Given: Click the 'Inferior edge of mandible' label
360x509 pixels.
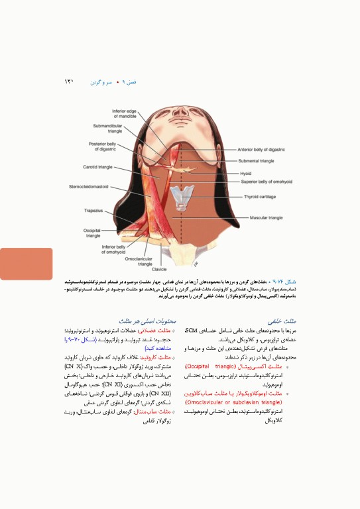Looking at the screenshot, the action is [124, 113].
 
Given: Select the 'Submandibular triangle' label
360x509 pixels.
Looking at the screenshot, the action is [108, 128].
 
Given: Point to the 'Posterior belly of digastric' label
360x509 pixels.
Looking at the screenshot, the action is [103, 146].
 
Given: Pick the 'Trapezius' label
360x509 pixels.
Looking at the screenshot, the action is [93, 211].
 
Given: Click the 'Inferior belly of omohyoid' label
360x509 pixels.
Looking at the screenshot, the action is [114, 249].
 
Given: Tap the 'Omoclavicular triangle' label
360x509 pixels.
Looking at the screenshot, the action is [139, 260].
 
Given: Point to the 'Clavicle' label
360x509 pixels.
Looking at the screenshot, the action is [159, 269].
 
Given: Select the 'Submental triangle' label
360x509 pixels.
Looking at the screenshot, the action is [256, 161].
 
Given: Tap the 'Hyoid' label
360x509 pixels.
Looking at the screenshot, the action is [246, 173].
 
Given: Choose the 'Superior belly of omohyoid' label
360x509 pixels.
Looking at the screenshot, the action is [267, 181].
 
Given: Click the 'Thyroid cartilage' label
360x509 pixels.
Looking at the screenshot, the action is [260, 197].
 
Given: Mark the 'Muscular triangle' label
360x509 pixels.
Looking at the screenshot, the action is [266, 217].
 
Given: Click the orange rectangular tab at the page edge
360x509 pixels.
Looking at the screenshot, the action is [26, 263].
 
